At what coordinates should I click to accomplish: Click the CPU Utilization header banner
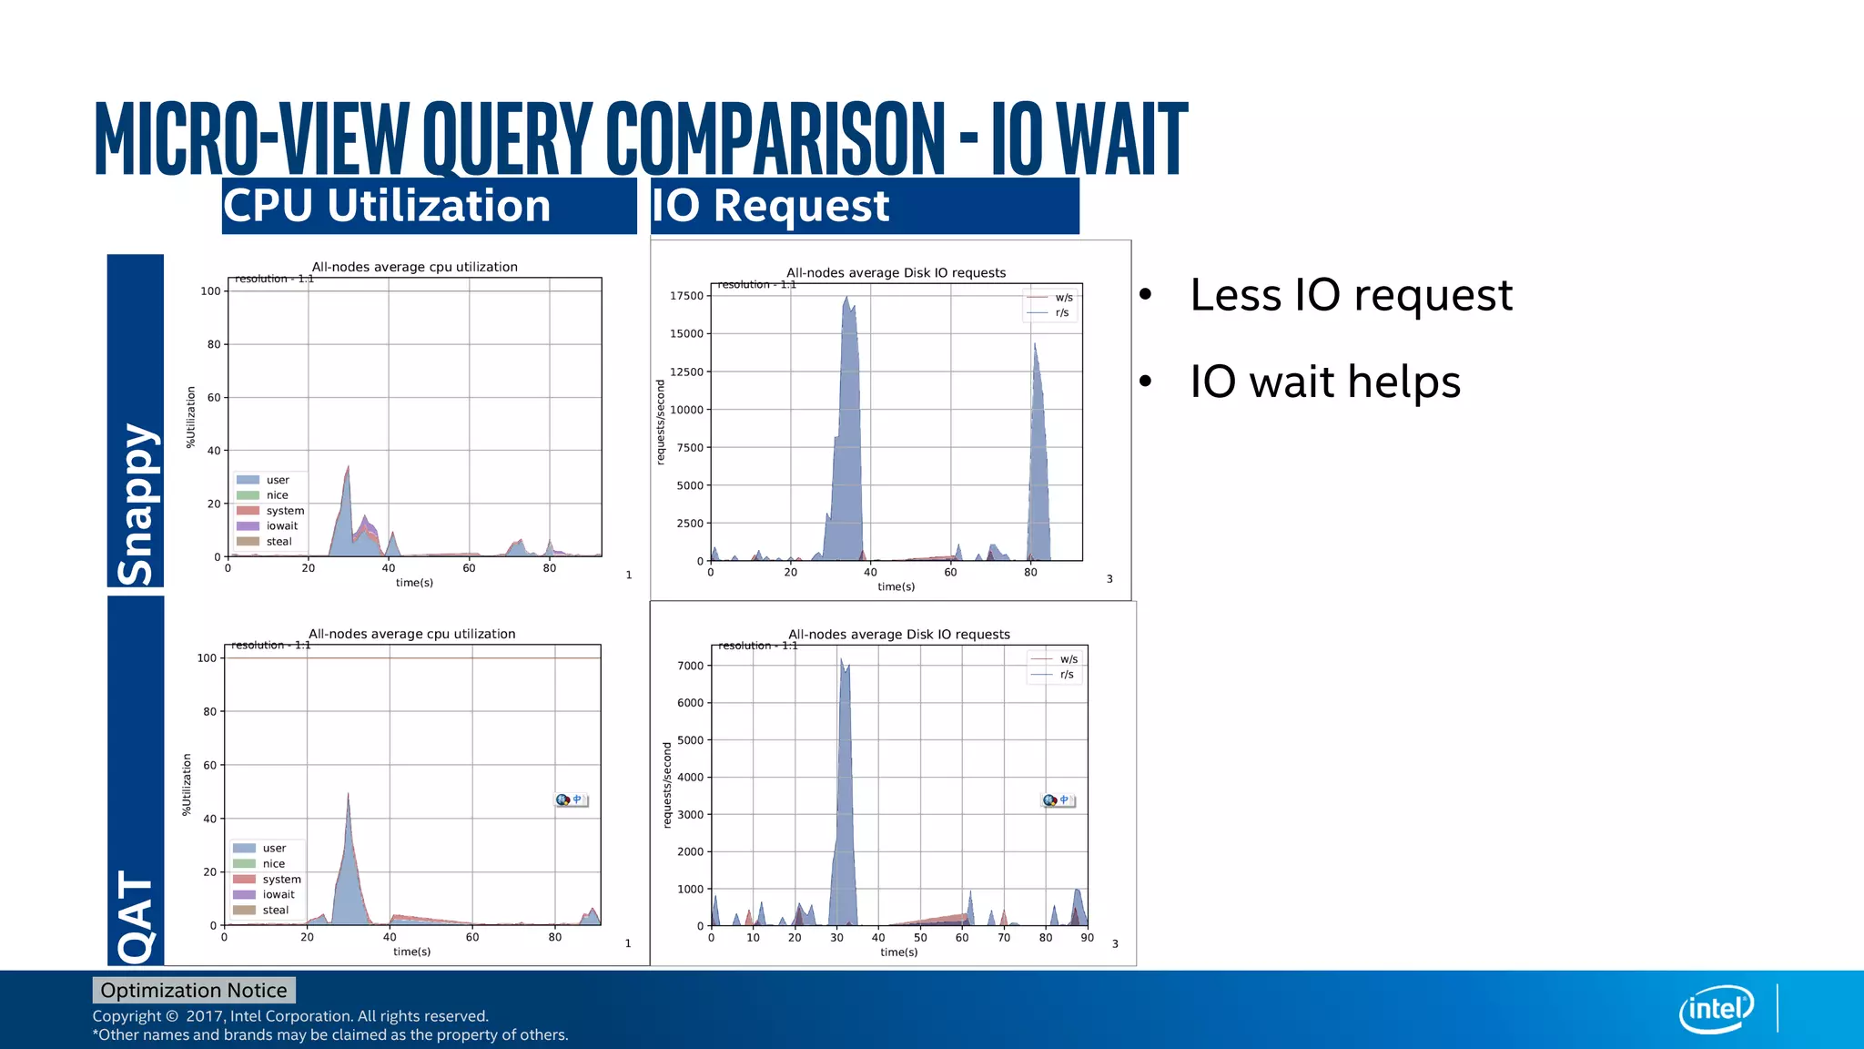point(428,206)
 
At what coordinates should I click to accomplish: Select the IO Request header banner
point(864,206)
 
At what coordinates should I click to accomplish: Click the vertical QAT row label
point(136,915)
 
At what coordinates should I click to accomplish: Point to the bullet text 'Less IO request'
point(1351,295)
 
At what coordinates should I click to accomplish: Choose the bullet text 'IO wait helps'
point(1325,382)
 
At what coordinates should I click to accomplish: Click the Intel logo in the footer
point(1716,1009)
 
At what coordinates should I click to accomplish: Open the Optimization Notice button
point(194,990)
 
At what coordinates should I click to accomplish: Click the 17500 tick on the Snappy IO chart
point(686,296)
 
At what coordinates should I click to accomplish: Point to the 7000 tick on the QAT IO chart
point(690,666)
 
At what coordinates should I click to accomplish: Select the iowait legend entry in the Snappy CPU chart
point(281,526)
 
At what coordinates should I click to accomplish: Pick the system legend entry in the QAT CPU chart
point(281,880)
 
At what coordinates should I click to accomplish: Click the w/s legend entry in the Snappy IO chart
point(1063,298)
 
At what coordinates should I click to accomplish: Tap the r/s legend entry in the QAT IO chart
point(1066,675)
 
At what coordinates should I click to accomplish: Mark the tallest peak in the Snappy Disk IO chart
point(846,297)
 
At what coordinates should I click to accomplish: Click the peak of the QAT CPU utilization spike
point(348,794)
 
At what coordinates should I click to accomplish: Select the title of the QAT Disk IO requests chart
point(898,635)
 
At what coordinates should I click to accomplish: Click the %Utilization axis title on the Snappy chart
point(191,417)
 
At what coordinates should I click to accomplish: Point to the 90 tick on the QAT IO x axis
point(1087,938)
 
